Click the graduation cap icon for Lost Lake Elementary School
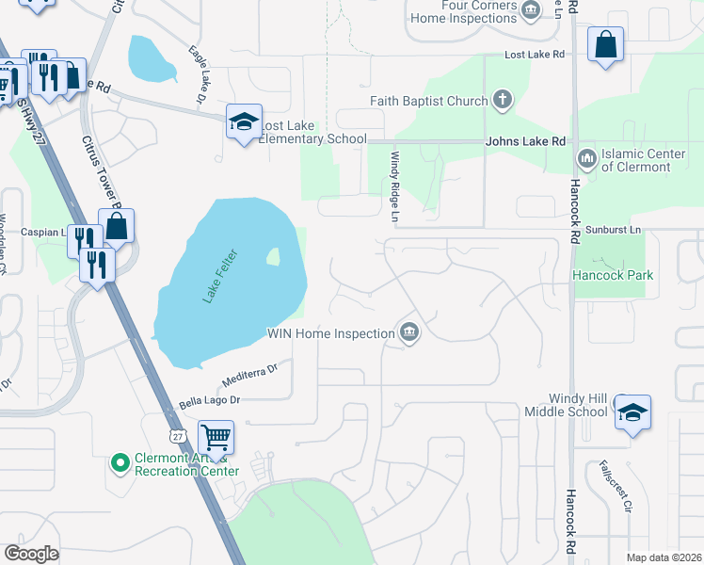pyautogui.click(x=244, y=122)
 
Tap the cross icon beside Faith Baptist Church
pyautogui.click(x=503, y=100)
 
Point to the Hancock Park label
pyautogui.click(x=613, y=275)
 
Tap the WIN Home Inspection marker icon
pyautogui.click(x=409, y=332)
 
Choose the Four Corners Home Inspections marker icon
pyautogui.click(x=531, y=9)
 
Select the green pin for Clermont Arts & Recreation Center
pyautogui.click(x=120, y=462)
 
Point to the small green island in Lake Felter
pyautogui.click(x=273, y=255)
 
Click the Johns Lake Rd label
pyautogui.click(x=525, y=141)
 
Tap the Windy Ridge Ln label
pyautogui.click(x=395, y=187)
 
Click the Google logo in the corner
pyautogui.click(x=32, y=554)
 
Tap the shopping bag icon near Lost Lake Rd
pyautogui.click(x=605, y=44)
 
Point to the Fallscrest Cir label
pyautogui.click(x=614, y=485)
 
